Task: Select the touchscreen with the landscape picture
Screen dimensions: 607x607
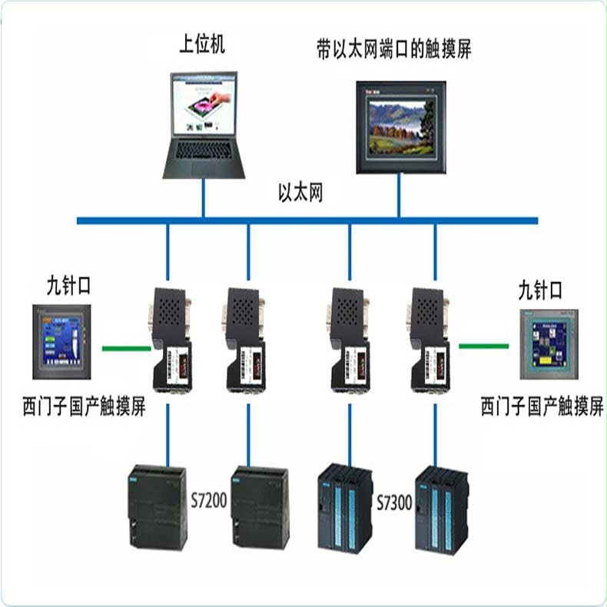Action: [x=397, y=127]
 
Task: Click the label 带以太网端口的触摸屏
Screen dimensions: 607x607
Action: [x=393, y=50]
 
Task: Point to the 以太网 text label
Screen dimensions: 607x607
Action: [x=300, y=193]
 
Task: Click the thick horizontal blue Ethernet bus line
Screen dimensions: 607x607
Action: [x=307, y=221]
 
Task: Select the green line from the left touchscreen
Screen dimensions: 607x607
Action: [x=127, y=347]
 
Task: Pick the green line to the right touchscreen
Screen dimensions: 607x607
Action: [x=484, y=346]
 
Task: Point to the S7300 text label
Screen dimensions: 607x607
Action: [x=394, y=503]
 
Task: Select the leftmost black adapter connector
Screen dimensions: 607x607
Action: [x=168, y=338]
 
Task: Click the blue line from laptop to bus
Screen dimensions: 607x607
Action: [x=204, y=199]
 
